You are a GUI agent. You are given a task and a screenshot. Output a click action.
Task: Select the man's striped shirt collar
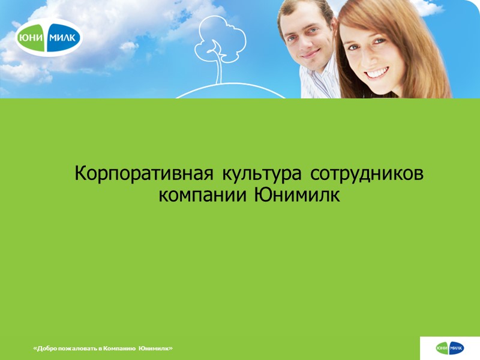pyautogui.click(x=315, y=81)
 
